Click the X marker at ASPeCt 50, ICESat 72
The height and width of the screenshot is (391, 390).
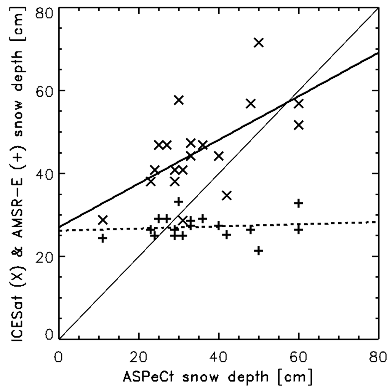[259, 43]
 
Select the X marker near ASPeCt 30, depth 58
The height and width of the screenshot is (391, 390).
[179, 100]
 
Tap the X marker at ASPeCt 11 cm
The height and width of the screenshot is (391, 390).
[103, 220]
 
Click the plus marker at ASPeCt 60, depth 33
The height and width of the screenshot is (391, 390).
[299, 203]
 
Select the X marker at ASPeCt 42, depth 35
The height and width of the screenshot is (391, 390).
[227, 195]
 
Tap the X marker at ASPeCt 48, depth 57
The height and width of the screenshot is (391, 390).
[251, 104]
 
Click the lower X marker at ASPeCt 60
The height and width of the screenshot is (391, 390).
[299, 125]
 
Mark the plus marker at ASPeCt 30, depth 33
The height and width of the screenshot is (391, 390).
[179, 201]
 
